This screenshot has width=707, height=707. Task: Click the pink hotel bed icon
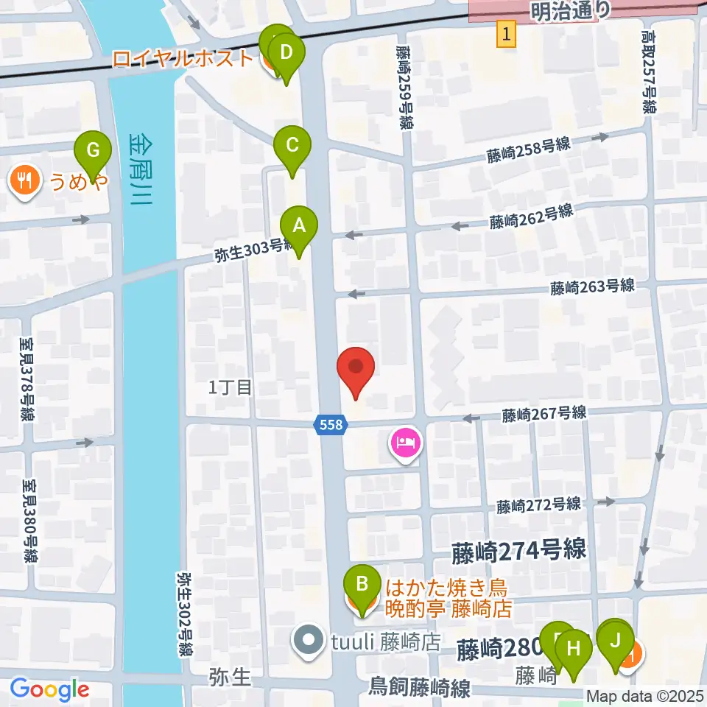pos(406,443)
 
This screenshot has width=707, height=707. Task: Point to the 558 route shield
pos(330,423)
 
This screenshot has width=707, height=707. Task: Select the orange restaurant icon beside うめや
pos(25,179)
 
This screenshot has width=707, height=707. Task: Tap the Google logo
pos(49,690)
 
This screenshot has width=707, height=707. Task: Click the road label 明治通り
pos(570,10)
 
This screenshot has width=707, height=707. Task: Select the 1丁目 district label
pos(231,387)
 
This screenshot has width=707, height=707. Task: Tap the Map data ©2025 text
pos(644,695)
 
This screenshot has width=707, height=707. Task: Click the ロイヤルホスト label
pos(183,58)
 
